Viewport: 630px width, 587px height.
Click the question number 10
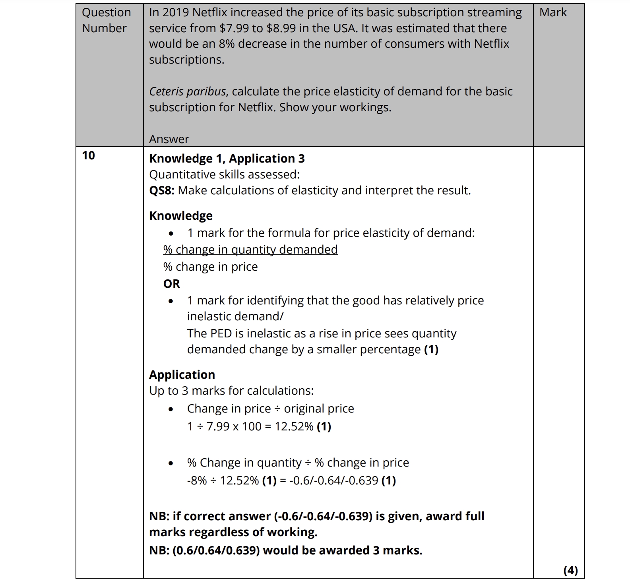pos(89,155)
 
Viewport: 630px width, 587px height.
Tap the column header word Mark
pos(553,13)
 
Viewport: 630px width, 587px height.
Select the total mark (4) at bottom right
pos(570,570)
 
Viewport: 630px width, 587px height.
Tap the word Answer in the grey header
pos(169,139)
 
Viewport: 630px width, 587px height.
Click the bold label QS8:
pos(162,191)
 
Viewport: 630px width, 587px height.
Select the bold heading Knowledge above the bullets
pos(181,216)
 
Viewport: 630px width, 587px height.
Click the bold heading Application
pos(182,375)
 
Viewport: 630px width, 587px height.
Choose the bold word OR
pos(171,284)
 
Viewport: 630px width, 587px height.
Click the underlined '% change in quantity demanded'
pos(250,250)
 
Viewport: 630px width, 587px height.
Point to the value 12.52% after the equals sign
pos(294,426)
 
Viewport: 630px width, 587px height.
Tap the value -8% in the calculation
pos(197,480)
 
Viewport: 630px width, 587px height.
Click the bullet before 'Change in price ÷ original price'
pos(171,409)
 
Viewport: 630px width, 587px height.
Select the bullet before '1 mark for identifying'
pos(171,301)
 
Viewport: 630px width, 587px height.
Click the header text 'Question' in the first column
pos(106,13)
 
